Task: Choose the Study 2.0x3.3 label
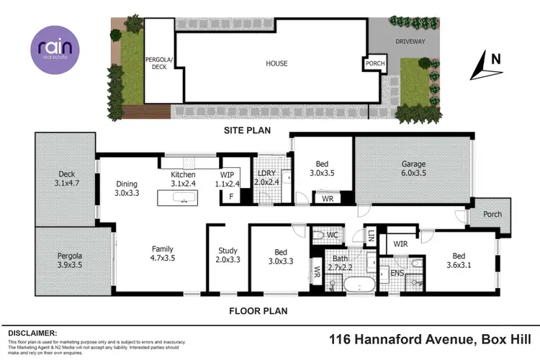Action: coord(228,256)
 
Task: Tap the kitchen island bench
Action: coord(177,197)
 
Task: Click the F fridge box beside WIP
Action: coord(231,197)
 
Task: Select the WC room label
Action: coord(333,235)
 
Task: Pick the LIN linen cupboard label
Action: coord(371,237)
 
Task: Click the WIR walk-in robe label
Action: coord(401,245)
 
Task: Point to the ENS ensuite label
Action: coord(397,273)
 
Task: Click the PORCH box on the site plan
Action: coord(375,63)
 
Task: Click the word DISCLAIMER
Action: coord(32,333)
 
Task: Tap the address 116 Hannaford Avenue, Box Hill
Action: coord(430,338)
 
